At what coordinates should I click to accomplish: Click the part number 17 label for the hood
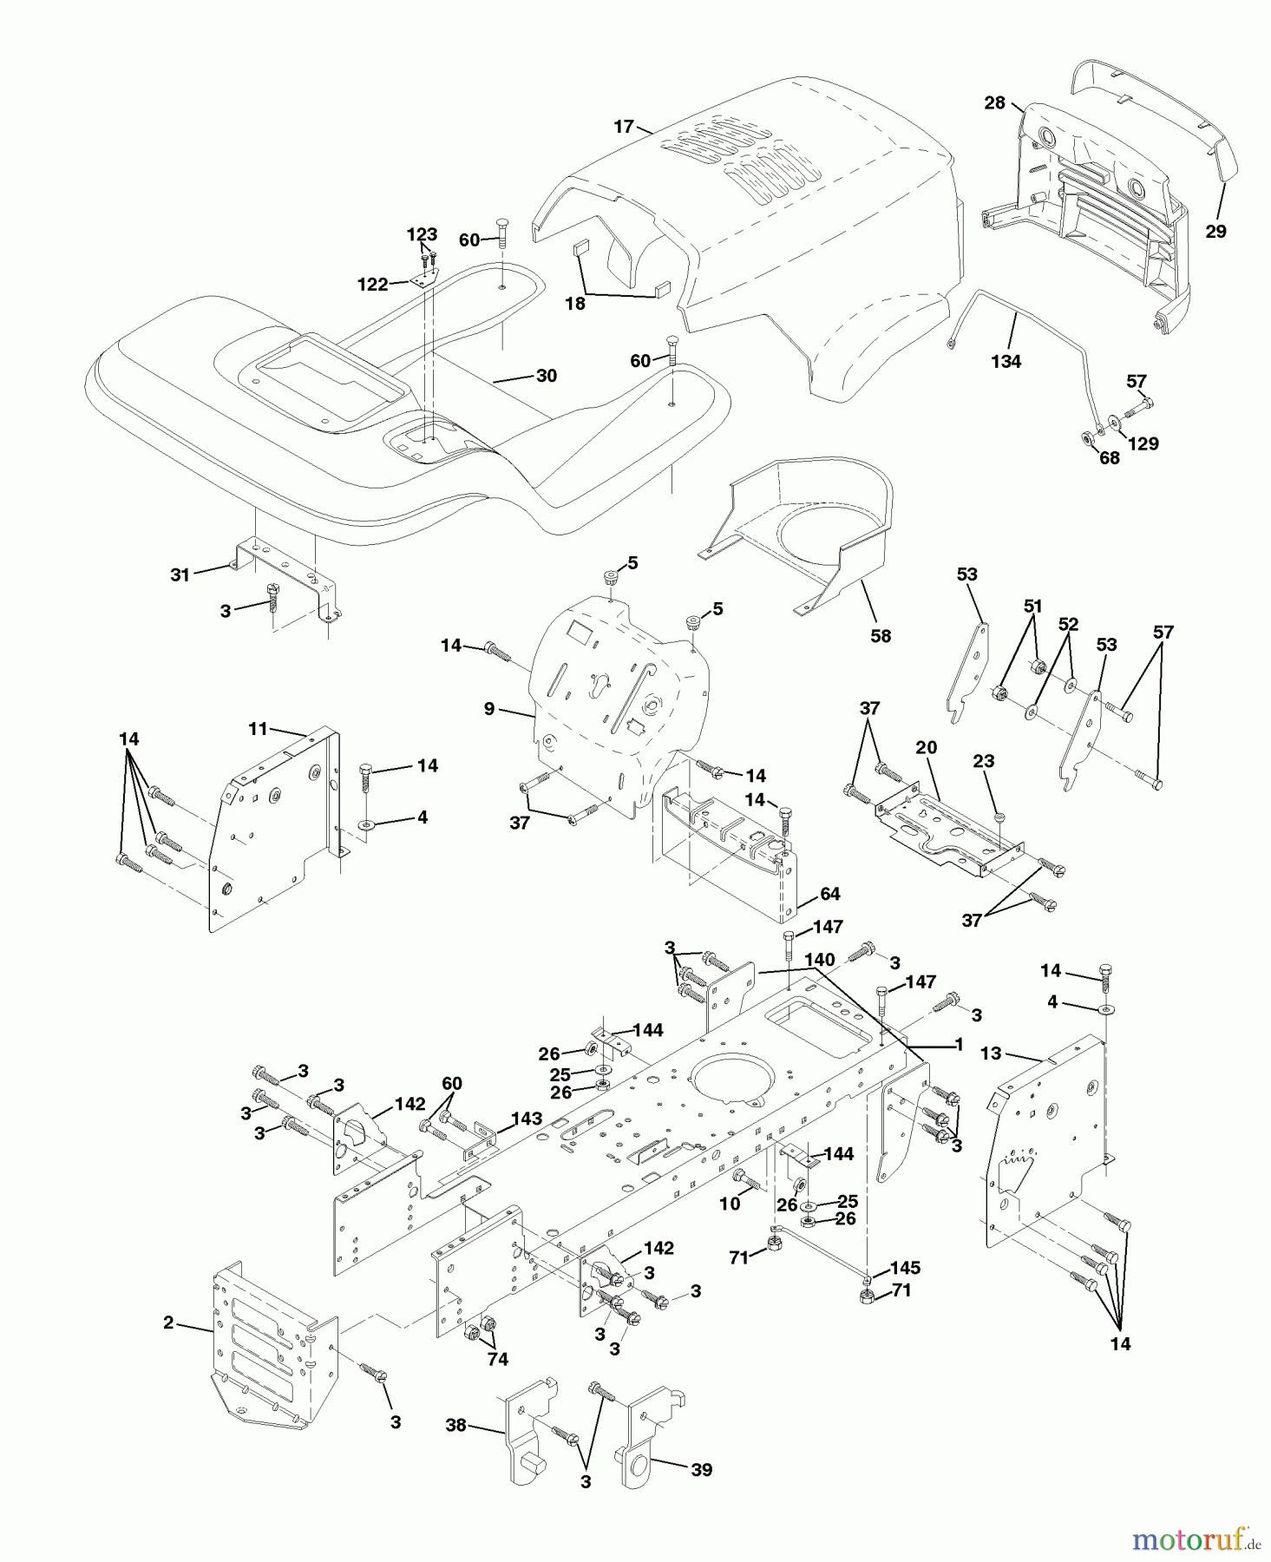pyautogui.click(x=624, y=127)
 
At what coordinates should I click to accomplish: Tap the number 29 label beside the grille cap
pyautogui.click(x=1215, y=232)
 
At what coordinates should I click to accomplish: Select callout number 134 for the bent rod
pyautogui.click(x=1006, y=362)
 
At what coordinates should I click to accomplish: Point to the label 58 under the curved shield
pyautogui.click(x=880, y=636)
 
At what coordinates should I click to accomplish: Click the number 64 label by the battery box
pyautogui.click(x=829, y=894)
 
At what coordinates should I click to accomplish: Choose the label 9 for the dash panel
pyautogui.click(x=489, y=709)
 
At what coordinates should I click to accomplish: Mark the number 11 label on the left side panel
pyautogui.click(x=258, y=729)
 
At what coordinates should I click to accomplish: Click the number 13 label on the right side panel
pyautogui.click(x=991, y=1053)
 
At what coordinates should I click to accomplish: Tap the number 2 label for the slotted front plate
pyautogui.click(x=168, y=1322)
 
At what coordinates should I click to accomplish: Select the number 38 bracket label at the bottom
pyautogui.click(x=456, y=1425)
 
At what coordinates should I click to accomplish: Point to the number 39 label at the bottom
pyautogui.click(x=701, y=1469)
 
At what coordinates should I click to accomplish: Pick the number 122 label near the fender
pyautogui.click(x=373, y=284)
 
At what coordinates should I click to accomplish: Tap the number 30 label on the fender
pyautogui.click(x=547, y=376)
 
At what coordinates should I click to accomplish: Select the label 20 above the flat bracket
pyautogui.click(x=926, y=748)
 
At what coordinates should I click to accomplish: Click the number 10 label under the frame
pyautogui.click(x=730, y=1203)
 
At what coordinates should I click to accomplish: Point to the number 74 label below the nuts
pyautogui.click(x=497, y=1360)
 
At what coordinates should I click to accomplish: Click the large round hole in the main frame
pyautogui.click(x=734, y=1078)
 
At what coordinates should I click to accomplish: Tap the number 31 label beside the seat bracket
pyautogui.click(x=180, y=574)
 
